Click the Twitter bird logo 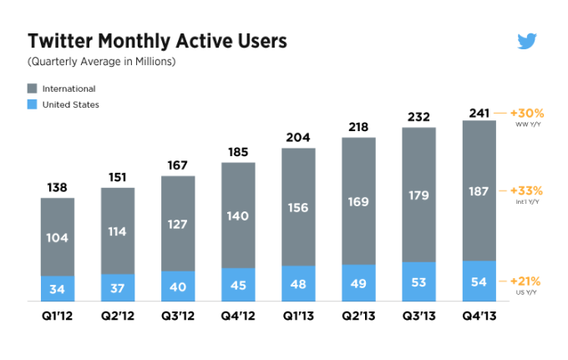526,42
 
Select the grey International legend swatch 33,89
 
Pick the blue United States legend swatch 33,105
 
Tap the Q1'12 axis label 58,317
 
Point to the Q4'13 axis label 479,317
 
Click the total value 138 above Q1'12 58,187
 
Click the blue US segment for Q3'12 178,286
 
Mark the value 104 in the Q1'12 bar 58,238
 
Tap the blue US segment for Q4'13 479,282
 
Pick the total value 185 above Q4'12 238,152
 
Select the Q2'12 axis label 118,317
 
